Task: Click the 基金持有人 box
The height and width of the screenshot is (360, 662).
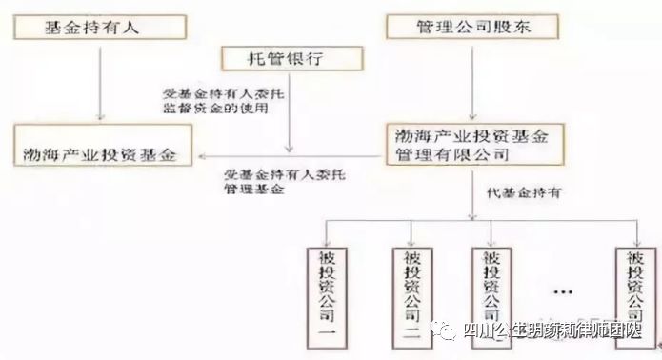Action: click(92, 26)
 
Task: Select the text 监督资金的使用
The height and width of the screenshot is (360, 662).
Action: click(215, 108)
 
